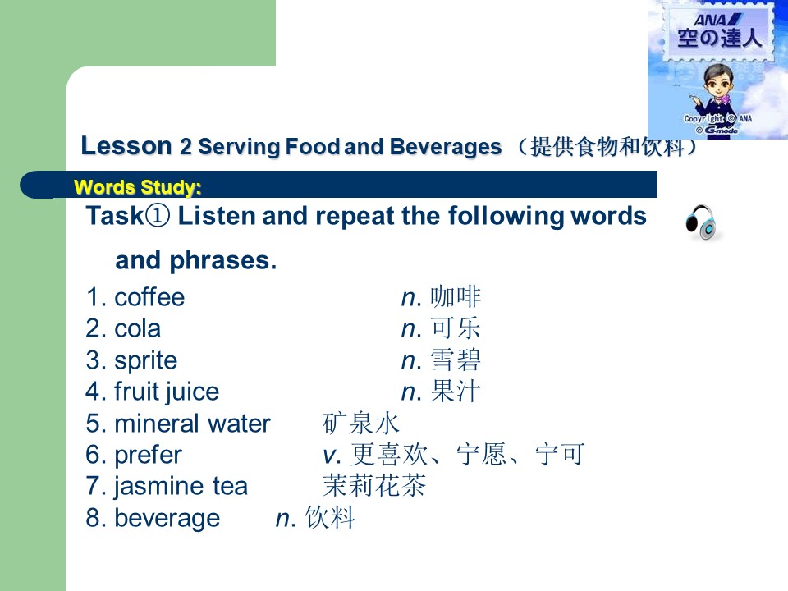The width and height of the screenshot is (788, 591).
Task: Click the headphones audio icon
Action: pyautogui.click(x=701, y=222)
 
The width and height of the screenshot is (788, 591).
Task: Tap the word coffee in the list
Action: pyautogui.click(x=149, y=297)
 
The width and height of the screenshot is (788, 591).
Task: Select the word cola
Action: pyautogui.click(x=137, y=328)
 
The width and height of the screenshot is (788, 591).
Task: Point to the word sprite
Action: pyautogui.click(x=146, y=361)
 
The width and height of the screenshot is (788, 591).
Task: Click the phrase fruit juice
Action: pyautogui.click(x=167, y=392)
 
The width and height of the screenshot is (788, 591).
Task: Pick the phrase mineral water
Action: pyautogui.click(x=192, y=424)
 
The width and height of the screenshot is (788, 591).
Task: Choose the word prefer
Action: pyautogui.click(x=148, y=456)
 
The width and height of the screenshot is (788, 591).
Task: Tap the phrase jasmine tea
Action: pyautogui.click(x=181, y=487)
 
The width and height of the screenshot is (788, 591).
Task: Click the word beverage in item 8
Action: pyautogui.click(x=167, y=518)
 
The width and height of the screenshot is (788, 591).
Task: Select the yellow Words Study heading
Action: pyautogui.click(x=138, y=187)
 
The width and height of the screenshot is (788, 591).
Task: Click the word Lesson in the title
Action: pyautogui.click(x=126, y=146)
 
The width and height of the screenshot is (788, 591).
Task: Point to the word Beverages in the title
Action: pyautogui.click(x=445, y=147)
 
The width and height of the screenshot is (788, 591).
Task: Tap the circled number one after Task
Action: pyautogui.click(x=158, y=216)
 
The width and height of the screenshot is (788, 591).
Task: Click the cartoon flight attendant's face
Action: pyautogui.click(x=719, y=81)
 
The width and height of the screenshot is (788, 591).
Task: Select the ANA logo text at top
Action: pyautogui.click(x=717, y=20)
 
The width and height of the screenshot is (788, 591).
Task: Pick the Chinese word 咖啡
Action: pyautogui.click(x=456, y=296)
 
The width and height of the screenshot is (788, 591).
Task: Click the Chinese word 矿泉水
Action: pyautogui.click(x=361, y=424)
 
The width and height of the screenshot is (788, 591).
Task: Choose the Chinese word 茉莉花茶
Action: pyautogui.click(x=374, y=486)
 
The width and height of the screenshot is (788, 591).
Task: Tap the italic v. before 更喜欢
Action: pyautogui.click(x=332, y=456)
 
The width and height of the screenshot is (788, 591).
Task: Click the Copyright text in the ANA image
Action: pyautogui.click(x=703, y=118)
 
